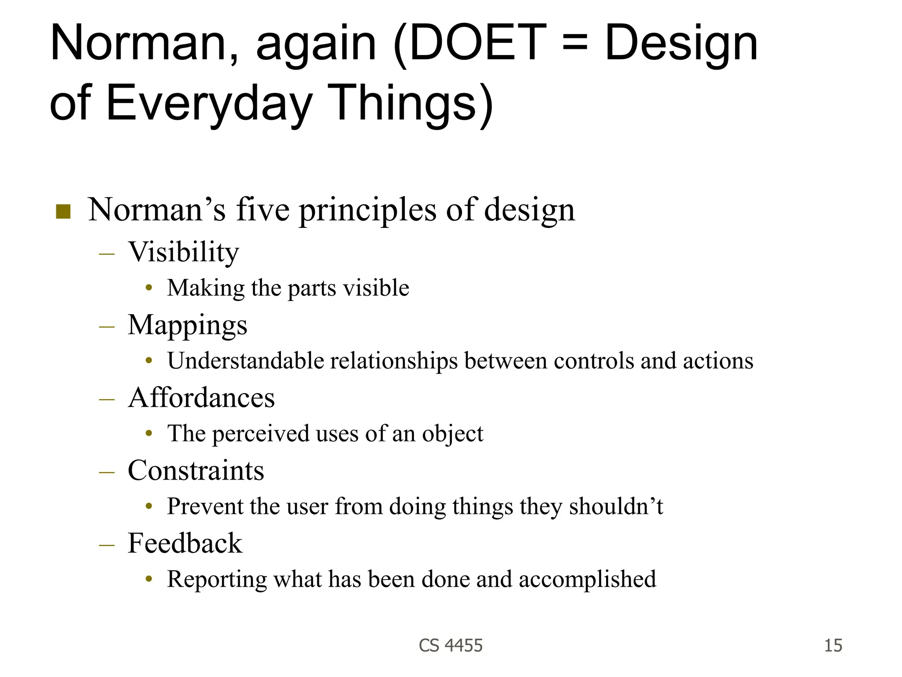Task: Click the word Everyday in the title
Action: (x=209, y=104)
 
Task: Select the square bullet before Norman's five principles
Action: (x=63, y=212)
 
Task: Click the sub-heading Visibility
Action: (x=183, y=252)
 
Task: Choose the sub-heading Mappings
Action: (x=187, y=325)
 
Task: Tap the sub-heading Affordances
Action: (x=201, y=398)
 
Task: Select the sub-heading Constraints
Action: (x=196, y=470)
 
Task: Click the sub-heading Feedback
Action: (x=185, y=543)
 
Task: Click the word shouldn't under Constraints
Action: (x=616, y=506)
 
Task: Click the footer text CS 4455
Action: (x=451, y=646)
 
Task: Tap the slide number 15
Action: (x=833, y=646)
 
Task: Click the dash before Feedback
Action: (x=107, y=545)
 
